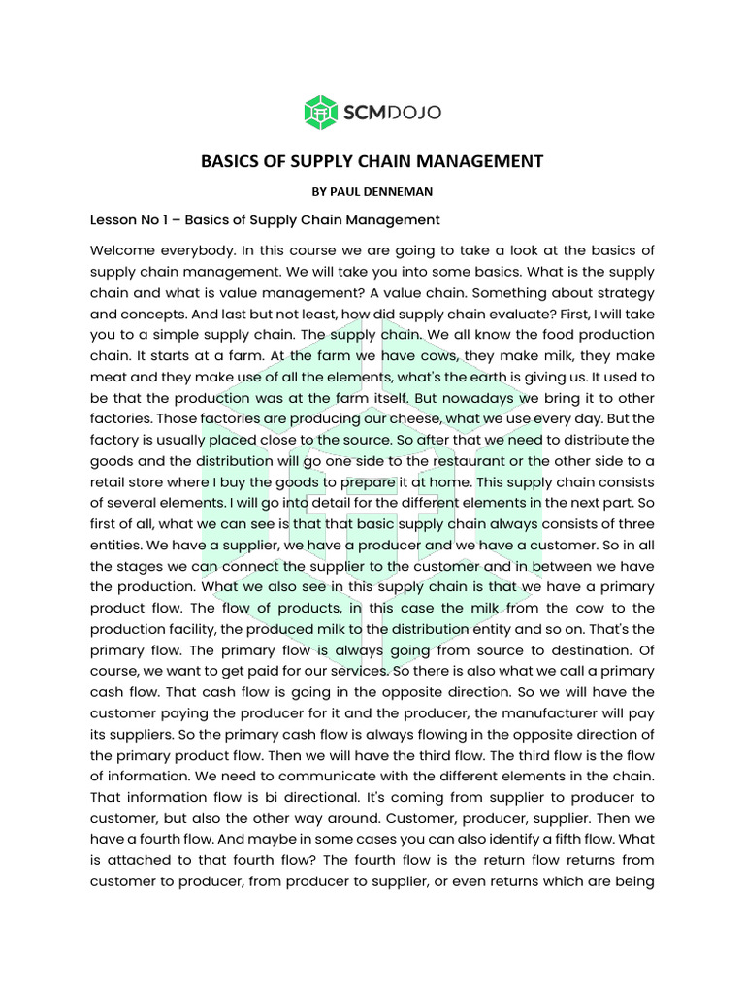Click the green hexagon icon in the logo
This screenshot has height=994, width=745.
(x=320, y=113)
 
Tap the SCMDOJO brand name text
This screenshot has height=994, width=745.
(x=391, y=114)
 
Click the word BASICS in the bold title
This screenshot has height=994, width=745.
(x=233, y=161)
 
